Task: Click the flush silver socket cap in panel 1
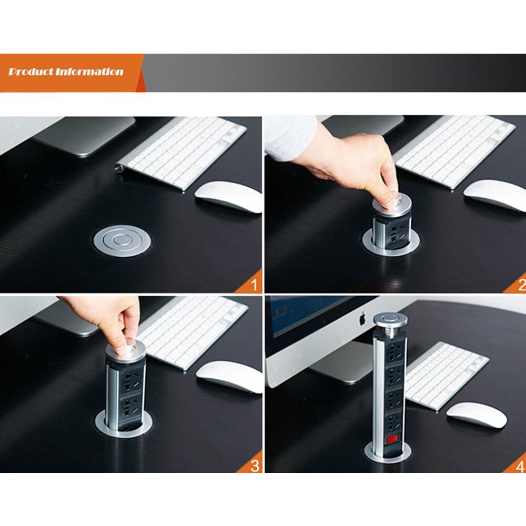click(x=123, y=241)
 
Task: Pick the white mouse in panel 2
click(x=494, y=195)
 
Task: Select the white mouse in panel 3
click(x=229, y=377)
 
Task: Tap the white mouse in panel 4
click(x=477, y=414)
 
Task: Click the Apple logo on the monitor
click(x=361, y=318)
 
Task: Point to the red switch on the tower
click(x=391, y=438)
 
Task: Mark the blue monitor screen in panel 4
click(x=305, y=316)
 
